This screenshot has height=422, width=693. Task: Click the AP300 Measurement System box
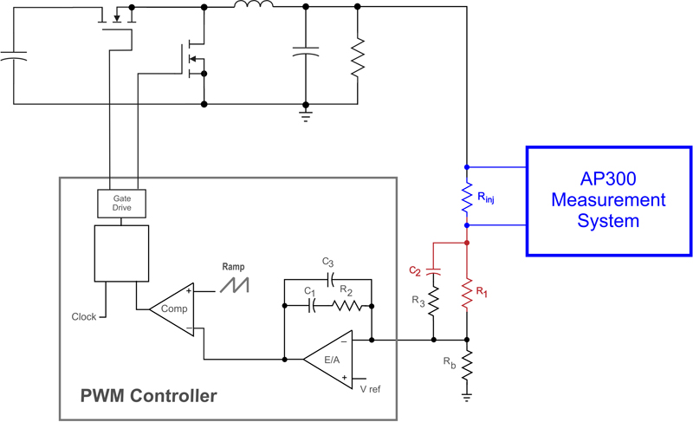pyautogui.click(x=609, y=200)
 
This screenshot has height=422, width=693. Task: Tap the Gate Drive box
pyautogui.click(x=120, y=203)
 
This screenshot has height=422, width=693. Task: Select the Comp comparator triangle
pyautogui.click(x=170, y=308)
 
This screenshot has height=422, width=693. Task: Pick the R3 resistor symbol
pyautogui.click(x=433, y=302)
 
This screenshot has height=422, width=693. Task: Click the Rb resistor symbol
pyautogui.click(x=467, y=364)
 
